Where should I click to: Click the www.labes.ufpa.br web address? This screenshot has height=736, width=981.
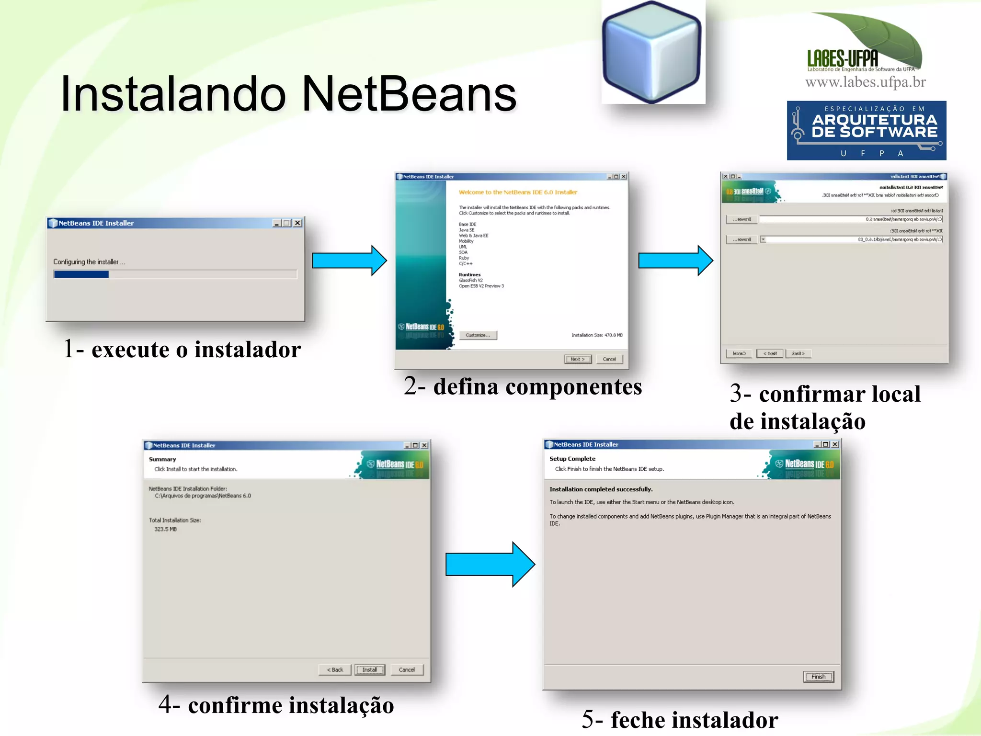(x=865, y=82)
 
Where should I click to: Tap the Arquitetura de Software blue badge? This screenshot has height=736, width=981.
(x=866, y=130)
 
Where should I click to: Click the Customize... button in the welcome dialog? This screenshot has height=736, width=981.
(x=478, y=335)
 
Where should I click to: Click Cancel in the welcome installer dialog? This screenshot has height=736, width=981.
(x=609, y=359)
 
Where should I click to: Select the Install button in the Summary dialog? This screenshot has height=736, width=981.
(x=369, y=669)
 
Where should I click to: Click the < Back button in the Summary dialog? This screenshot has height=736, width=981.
(x=335, y=669)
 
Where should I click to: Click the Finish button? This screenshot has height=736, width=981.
(x=818, y=677)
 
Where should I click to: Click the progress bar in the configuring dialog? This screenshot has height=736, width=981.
(x=175, y=274)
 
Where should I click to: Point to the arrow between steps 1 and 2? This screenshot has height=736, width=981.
(x=349, y=260)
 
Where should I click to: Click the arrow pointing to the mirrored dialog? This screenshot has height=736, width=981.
(x=675, y=260)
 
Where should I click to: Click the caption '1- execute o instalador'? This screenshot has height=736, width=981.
(x=182, y=349)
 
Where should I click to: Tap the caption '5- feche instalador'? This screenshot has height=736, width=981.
(x=680, y=720)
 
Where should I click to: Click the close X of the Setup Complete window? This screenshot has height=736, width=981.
(x=835, y=444)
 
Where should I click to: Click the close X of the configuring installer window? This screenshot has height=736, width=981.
(x=297, y=223)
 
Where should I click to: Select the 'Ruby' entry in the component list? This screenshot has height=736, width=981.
(x=464, y=258)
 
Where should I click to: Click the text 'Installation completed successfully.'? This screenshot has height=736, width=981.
(x=601, y=489)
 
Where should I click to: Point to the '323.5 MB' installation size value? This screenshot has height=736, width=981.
(x=165, y=529)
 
